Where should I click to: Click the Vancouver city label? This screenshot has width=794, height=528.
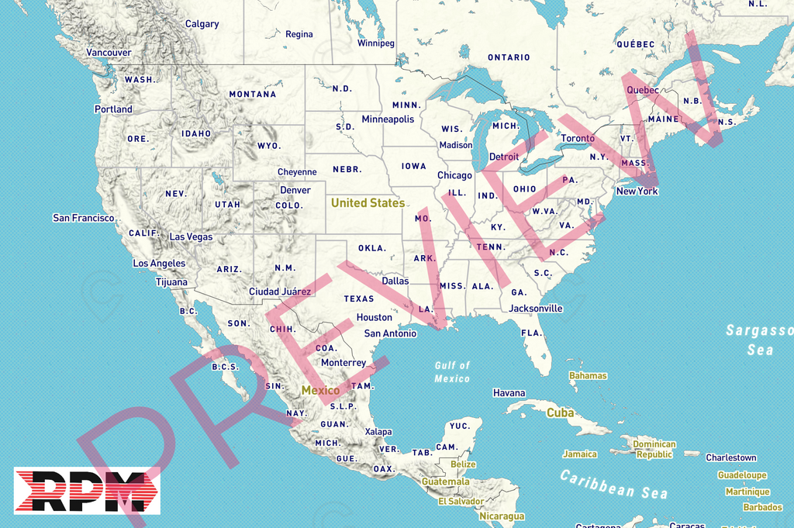tap(109, 53)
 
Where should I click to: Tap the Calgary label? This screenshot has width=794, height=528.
tap(202, 24)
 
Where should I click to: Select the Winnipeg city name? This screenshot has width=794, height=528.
tap(375, 43)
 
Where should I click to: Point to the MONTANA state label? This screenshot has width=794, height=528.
tap(252, 95)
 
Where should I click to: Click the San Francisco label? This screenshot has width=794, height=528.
tap(83, 219)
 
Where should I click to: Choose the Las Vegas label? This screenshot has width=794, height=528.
tap(191, 237)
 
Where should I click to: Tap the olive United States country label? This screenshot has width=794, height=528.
tap(368, 203)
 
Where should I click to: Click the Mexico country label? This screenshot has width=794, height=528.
tap(320, 391)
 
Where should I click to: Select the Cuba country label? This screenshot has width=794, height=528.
tap(560, 413)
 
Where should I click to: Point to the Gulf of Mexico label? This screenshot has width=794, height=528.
tap(452, 372)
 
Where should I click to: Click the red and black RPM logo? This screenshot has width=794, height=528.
tap(87, 491)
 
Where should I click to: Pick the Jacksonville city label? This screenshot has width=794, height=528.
tap(536, 309)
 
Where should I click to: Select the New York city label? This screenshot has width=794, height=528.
tap(637, 192)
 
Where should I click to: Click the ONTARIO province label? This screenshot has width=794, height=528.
tap(509, 57)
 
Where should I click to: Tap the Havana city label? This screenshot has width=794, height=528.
tap(509, 394)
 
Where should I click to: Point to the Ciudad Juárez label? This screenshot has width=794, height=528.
tap(280, 292)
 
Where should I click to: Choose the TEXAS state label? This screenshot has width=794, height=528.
tap(359, 299)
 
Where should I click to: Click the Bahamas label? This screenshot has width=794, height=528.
tap(588, 376)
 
